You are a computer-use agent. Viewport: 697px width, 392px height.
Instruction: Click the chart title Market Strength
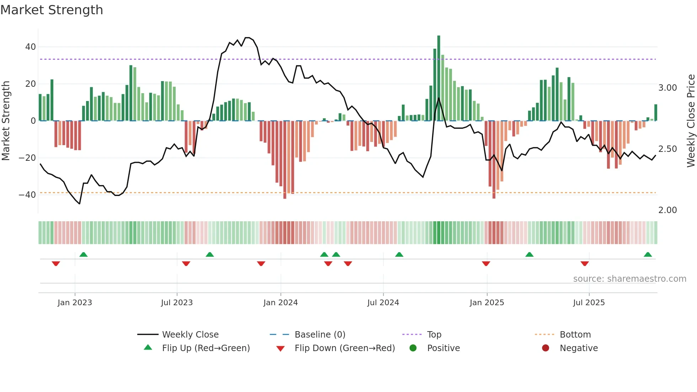pyautogui.click(x=52, y=10)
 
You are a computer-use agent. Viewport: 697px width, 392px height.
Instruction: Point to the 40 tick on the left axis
pyautogui.click(x=30, y=47)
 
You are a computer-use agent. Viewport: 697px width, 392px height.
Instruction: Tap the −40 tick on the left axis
pyautogui.click(x=27, y=195)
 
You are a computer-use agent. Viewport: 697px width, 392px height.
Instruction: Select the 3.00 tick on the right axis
pyautogui.click(x=667, y=88)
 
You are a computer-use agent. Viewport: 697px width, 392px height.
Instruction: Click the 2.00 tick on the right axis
pyautogui.click(x=667, y=210)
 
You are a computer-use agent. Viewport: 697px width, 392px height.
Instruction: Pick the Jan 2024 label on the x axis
pyautogui.click(x=280, y=303)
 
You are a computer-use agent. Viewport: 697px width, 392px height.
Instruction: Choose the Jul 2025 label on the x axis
pyautogui.click(x=589, y=303)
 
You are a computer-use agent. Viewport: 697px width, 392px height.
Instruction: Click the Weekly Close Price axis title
pyautogui.click(x=691, y=121)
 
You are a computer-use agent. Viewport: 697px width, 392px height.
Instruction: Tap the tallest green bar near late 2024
pyautogui.click(x=438, y=78)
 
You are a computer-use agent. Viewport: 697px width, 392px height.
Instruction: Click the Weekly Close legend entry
pyautogui.click(x=190, y=335)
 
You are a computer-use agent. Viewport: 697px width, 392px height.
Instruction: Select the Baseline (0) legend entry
pyautogui.click(x=320, y=335)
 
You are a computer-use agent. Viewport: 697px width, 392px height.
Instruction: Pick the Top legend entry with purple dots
pyautogui.click(x=434, y=335)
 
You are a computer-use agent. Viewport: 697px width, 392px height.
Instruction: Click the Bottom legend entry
pyautogui.click(x=575, y=335)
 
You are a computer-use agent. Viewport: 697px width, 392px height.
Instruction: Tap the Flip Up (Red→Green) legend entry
pyautogui.click(x=206, y=348)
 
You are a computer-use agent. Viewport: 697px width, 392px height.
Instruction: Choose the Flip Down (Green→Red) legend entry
pyautogui.click(x=344, y=348)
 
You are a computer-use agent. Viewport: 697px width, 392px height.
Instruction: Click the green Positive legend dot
pyautogui.click(x=413, y=348)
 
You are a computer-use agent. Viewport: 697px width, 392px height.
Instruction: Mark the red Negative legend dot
pyautogui.click(x=546, y=348)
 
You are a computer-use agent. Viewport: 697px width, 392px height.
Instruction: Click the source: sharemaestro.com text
pyautogui.click(x=629, y=279)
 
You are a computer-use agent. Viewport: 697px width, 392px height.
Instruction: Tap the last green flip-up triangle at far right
pyautogui.click(x=648, y=255)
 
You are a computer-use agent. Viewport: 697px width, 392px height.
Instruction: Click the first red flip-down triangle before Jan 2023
pyautogui.click(x=56, y=264)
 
